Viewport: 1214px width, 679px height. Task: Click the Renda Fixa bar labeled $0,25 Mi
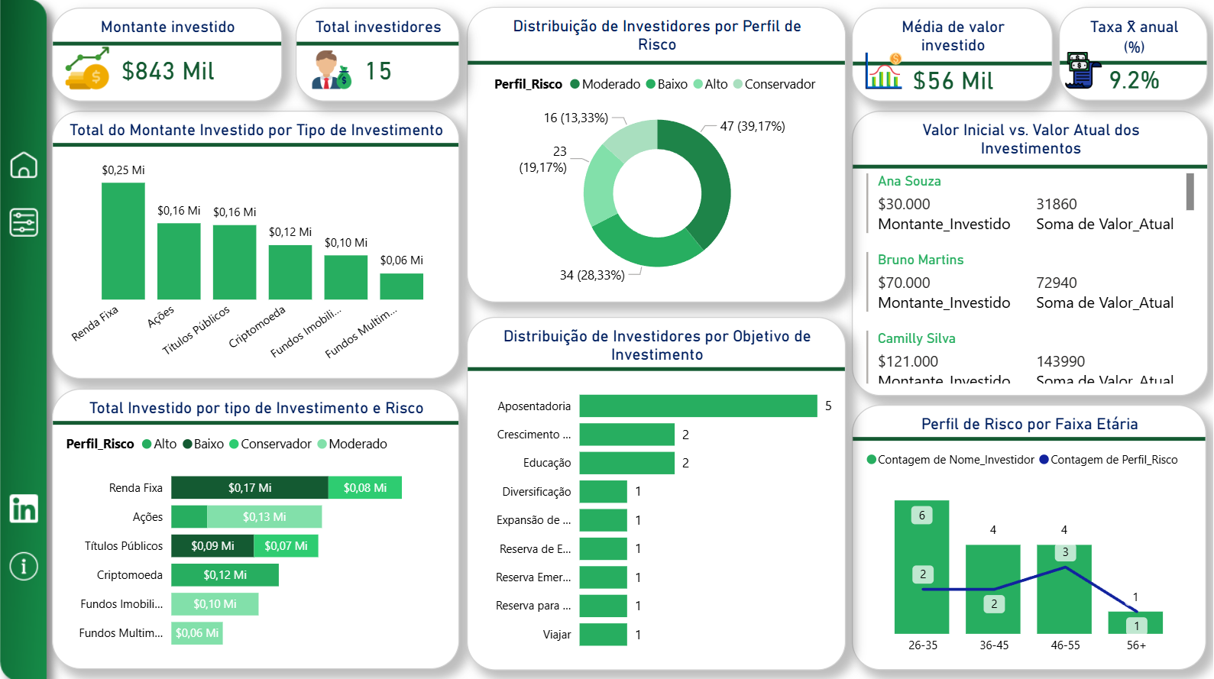pos(123,241)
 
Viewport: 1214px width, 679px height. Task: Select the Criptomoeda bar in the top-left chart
pos(290,272)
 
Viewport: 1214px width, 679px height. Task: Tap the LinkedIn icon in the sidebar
pos(24,509)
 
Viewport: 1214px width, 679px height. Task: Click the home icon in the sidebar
pos(24,164)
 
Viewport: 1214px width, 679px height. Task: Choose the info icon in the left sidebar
pos(24,566)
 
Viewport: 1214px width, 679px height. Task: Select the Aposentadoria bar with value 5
pos(698,406)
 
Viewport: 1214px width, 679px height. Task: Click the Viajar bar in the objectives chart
pos(603,635)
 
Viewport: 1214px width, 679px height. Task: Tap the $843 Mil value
pos(168,71)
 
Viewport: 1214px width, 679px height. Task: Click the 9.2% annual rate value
pos(1134,80)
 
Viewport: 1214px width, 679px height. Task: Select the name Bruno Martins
pos(921,260)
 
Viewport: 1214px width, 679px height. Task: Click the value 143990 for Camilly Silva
pos(1060,361)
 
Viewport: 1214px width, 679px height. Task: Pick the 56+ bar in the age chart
pos(1135,622)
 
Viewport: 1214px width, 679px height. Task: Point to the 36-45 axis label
pos(994,645)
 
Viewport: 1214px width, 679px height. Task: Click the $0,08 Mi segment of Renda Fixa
pos(364,488)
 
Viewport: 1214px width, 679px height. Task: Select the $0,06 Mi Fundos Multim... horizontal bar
pos(197,633)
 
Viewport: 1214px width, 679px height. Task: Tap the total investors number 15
pos(378,71)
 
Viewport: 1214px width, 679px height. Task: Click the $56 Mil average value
pos(953,81)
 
